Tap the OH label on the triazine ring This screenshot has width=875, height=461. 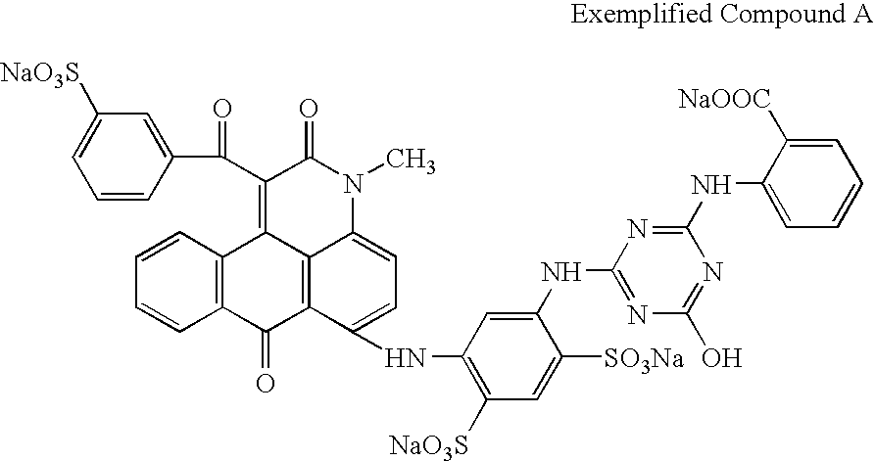coord(723,355)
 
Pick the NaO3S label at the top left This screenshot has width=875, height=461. coord(40,74)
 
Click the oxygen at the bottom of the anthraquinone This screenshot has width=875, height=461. coord(264,382)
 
